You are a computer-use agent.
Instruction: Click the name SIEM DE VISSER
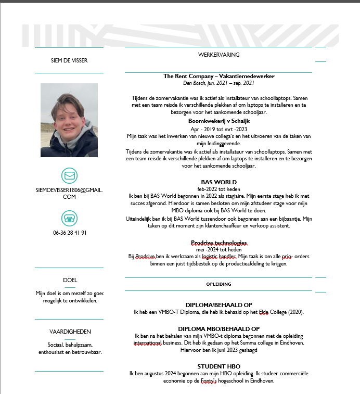click(x=69, y=60)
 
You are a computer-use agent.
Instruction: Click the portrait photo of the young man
click(x=69, y=120)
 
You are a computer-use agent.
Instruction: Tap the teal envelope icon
click(x=69, y=175)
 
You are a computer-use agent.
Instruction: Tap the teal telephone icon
click(x=69, y=218)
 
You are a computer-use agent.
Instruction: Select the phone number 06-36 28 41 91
click(x=70, y=233)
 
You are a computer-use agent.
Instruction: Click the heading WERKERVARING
click(x=218, y=54)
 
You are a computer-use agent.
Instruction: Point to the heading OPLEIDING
click(x=218, y=284)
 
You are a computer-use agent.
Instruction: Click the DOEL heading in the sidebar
click(x=70, y=280)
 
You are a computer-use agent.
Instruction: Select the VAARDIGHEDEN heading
click(x=70, y=331)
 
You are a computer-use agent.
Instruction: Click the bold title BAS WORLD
click(x=218, y=182)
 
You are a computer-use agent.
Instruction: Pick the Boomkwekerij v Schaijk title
click(x=218, y=120)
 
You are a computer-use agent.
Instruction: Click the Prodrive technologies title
click(x=218, y=243)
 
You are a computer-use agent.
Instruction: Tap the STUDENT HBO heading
click(x=218, y=366)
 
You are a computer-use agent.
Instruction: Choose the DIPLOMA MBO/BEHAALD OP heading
click(x=218, y=329)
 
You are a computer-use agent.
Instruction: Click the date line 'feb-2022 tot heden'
click(x=218, y=189)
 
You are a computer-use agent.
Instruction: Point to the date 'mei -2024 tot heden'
click(x=218, y=250)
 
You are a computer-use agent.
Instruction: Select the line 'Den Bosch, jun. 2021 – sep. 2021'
click(x=218, y=83)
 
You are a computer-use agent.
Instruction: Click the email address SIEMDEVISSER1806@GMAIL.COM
click(x=69, y=193)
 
